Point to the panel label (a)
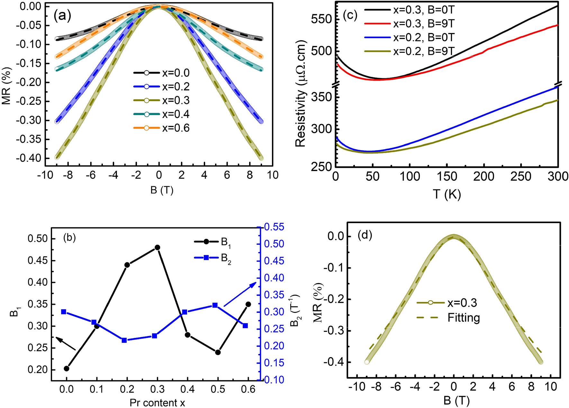coord(62,15)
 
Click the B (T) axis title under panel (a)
coord(162,190)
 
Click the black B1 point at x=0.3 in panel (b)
coord(157,247)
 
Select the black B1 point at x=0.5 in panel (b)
coord(218,352)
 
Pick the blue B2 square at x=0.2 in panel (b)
coord(124,340)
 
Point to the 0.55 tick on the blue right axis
coord(274,227)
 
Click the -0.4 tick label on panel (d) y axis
coord(333,362)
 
